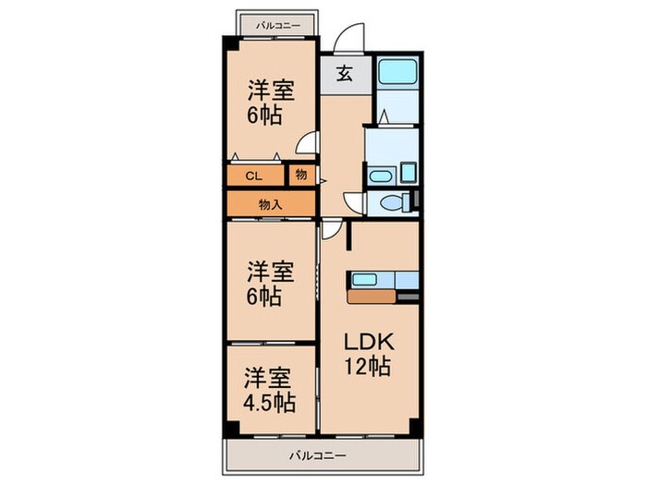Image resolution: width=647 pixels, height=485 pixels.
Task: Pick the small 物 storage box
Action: point(301,175)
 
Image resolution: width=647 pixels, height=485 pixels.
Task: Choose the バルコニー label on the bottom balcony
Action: point(316,455)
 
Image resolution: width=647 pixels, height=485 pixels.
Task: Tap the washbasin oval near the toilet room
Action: point(380,176)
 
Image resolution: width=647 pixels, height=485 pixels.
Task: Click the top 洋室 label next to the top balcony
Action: point(270,91)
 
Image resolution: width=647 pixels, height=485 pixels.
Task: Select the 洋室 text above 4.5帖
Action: point(270,378)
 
